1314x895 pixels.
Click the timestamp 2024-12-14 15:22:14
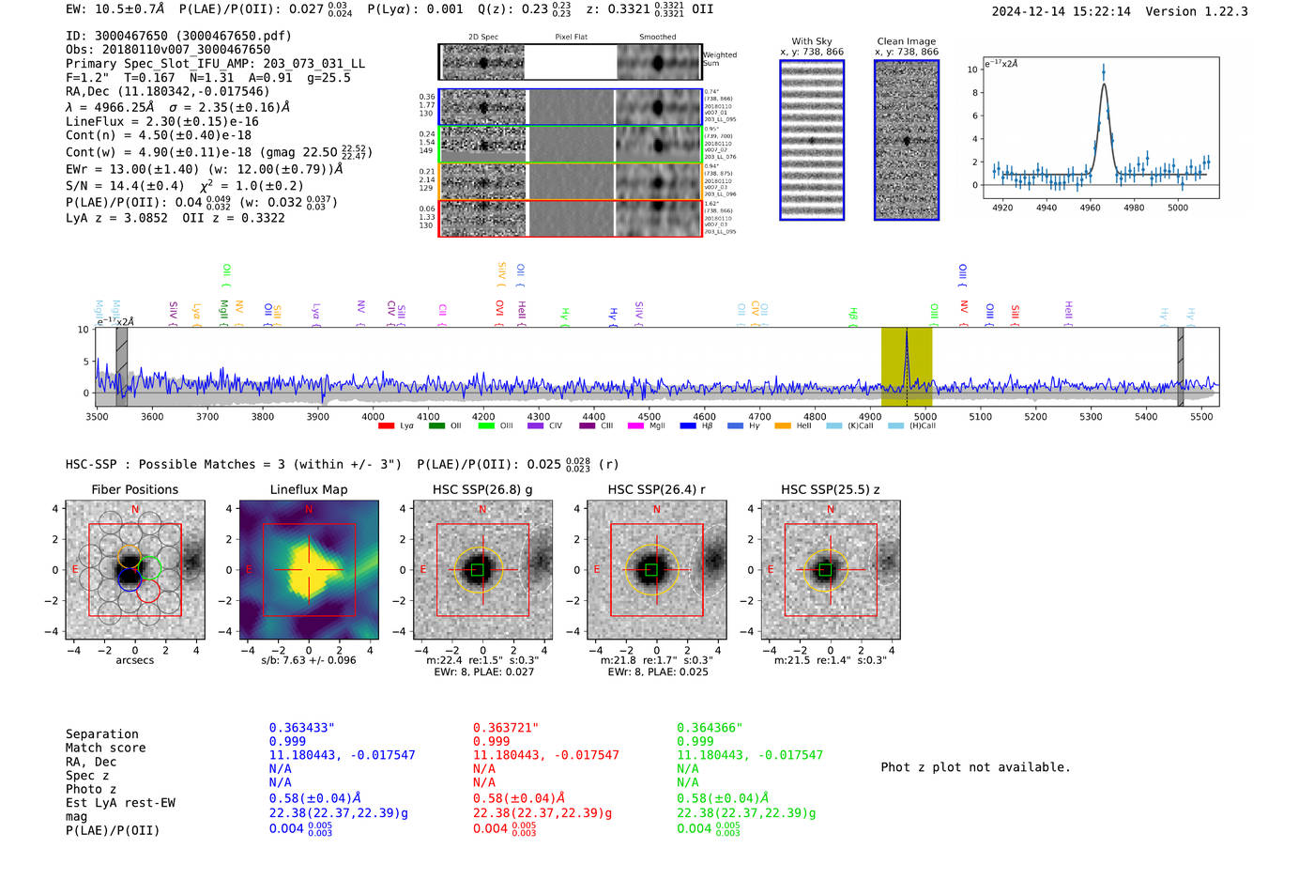(1061, 11)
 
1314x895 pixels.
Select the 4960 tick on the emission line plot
(1090, 208)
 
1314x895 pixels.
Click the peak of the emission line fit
(1104, 85)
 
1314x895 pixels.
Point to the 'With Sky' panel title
(811, 41)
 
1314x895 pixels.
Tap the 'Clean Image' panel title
(906, 41)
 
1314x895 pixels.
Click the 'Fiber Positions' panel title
(134, 489)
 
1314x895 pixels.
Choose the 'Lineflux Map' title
(308, 489)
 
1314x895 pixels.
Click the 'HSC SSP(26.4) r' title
(656, 489)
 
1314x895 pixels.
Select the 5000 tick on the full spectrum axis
(924, 416)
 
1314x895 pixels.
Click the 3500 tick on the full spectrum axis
(97, 416)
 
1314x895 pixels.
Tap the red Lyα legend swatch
(386, 426)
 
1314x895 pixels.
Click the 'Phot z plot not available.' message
(975, 767)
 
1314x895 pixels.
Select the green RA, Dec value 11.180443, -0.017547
(749, 755)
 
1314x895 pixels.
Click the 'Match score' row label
(105, 748)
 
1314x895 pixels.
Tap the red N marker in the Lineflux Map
(309, 510)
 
